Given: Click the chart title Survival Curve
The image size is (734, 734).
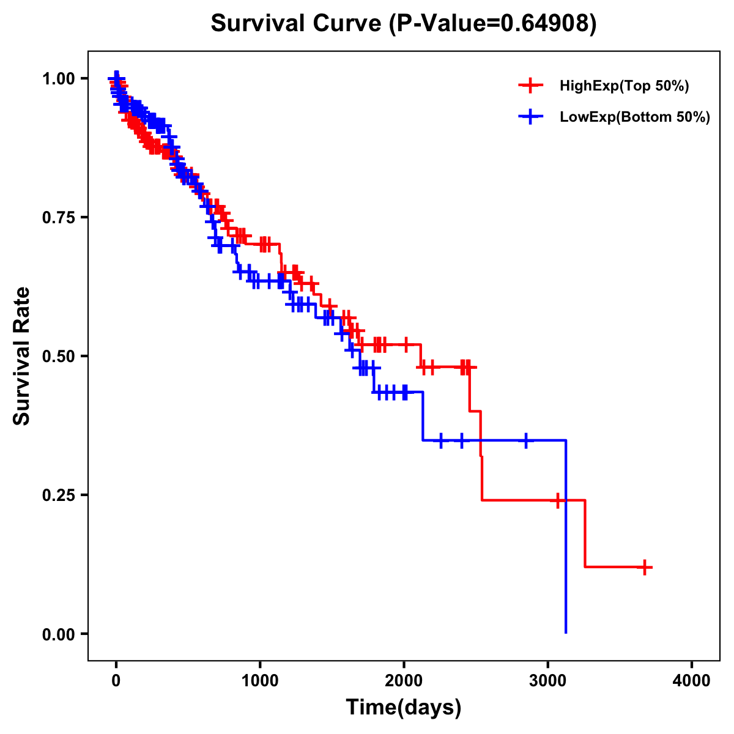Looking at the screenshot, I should pos(297,23).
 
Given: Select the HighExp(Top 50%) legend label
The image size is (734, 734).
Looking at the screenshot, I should pos(624,86).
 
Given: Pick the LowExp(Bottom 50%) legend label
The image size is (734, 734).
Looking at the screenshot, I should pos(634,117).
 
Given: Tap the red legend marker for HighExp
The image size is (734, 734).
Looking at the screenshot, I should pos(530,86).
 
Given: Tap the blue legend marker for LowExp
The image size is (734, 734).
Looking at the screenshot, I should pos(530,116).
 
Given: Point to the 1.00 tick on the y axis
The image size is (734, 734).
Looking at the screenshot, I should pos(58,78).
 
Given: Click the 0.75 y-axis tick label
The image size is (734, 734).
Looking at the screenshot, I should pos(58,217).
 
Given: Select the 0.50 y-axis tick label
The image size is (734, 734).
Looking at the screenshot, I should pos(58,356).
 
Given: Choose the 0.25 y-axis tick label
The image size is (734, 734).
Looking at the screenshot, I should pos(58,495).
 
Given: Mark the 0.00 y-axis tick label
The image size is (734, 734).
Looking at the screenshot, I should pos(58,634).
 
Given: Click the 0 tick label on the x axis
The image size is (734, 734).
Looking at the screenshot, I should pos(116,681).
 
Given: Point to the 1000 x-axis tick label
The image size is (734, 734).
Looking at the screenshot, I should pos(260,681).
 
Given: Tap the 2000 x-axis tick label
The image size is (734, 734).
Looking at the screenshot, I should pos(404,681).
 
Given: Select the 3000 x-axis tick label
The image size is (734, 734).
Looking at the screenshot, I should pos(548,681).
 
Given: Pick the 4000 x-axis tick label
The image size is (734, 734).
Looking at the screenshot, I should pos(692,681).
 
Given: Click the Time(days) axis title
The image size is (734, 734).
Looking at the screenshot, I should pos(404,708).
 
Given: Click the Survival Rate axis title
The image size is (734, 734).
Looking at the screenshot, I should pos(22,355).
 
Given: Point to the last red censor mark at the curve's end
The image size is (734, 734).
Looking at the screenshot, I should pos(644,567).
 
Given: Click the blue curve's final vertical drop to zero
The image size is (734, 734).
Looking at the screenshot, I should pos(566,538).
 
